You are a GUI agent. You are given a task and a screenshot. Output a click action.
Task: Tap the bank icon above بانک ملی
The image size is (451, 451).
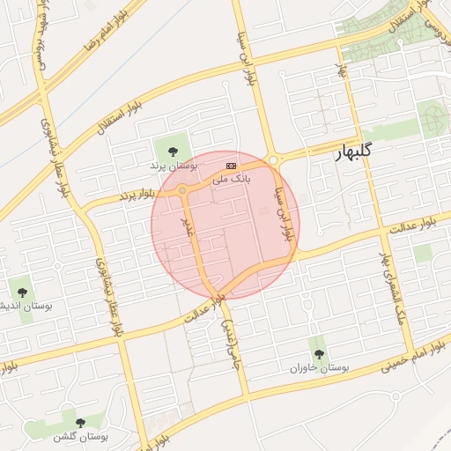pos(232,165)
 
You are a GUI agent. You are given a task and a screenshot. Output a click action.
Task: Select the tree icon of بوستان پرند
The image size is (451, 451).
pos(171,151)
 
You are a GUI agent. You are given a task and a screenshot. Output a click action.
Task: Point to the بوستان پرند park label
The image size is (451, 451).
pos(169,165)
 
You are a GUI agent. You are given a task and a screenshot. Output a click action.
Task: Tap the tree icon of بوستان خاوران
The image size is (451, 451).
pos(318,353)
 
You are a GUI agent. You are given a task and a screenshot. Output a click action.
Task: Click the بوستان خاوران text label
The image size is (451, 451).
pos(321,366)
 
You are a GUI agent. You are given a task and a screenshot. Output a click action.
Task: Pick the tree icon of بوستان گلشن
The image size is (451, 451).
pos(80,423)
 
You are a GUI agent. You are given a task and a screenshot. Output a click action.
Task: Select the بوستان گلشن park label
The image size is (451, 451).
pos(80,436)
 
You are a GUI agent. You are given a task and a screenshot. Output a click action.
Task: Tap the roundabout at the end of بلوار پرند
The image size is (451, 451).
pos(183,189)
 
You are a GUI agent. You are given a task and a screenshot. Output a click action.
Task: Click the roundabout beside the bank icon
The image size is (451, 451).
pos(273,159)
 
